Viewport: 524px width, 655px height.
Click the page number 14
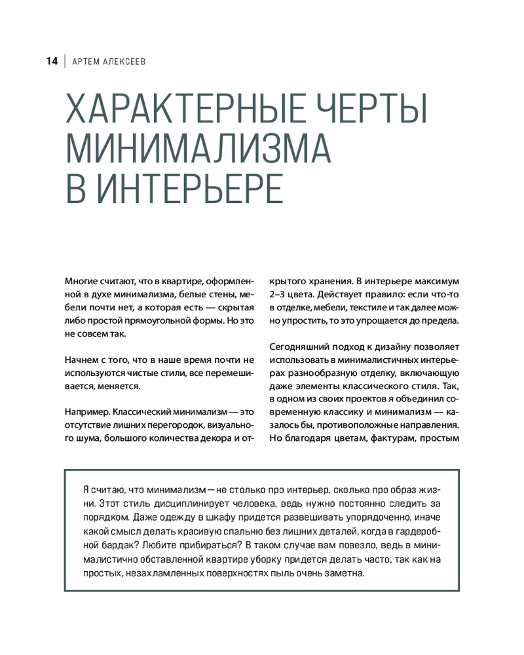(x=52, y=62)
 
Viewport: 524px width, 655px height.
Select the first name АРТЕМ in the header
(x=85, y=62)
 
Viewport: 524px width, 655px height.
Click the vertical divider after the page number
(x=65, y=62)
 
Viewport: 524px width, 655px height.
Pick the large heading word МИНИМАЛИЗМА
(x=198, y=150)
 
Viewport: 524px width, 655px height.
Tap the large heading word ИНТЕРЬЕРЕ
(x=190, y=189)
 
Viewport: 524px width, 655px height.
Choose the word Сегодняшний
(x=299, y=346)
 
